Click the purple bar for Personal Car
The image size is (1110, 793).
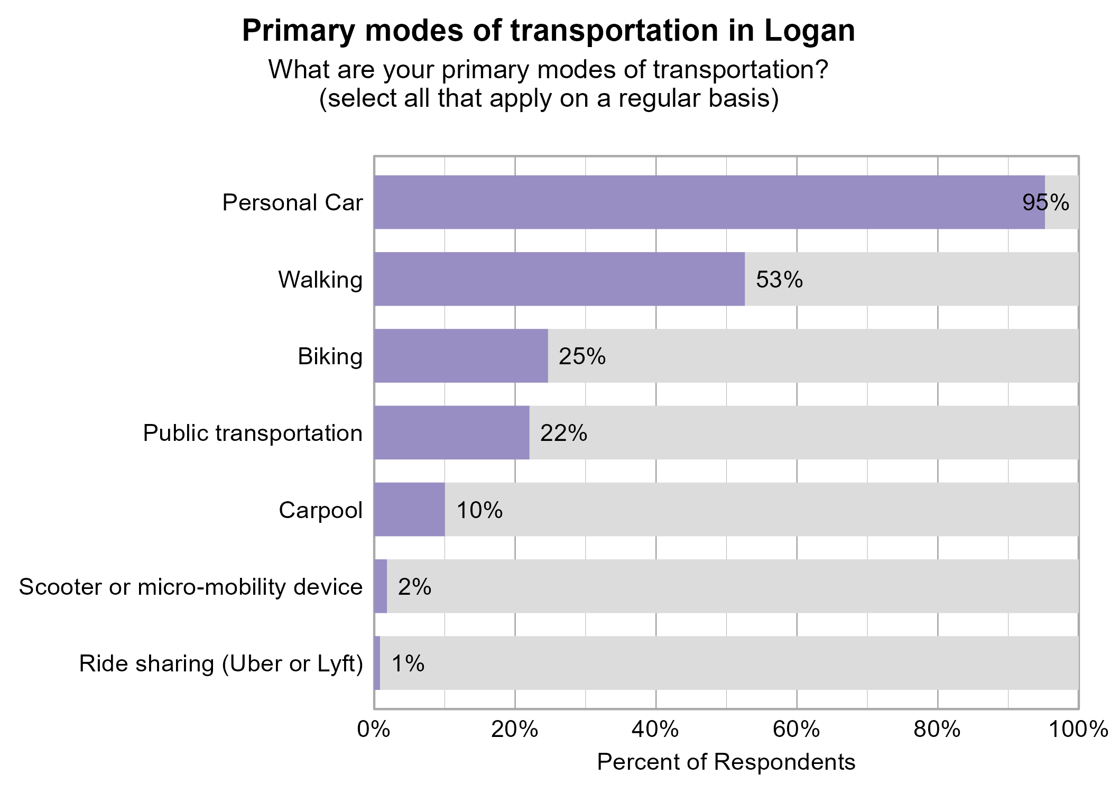[x=708, y=202]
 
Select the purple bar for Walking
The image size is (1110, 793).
[x=559, y=279]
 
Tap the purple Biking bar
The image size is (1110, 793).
[x=461, y=356]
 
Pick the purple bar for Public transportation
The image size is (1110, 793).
[x=451, y=432]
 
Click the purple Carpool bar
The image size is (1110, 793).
[x=409, y=510]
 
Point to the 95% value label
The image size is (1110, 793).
[x=1046, y=202]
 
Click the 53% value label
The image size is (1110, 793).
[x=779, y=279]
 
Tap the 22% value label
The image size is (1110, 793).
[x=563, y=433]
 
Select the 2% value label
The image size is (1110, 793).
[x=414, y=587]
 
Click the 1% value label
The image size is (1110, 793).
[x=408, y=663]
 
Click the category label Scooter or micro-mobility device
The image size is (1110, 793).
[x=190, y=587]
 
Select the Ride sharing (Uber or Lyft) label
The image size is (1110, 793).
[x=221, y=663]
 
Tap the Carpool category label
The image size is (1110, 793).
[x=320, y=510]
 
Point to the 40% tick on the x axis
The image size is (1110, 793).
[x=655, y=730]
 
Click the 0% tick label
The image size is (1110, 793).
[x=373, y=730]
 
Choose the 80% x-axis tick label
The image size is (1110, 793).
[x=937, y=730]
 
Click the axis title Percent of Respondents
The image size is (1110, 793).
[x=726, y=762]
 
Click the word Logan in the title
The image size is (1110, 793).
[x=809, y=31]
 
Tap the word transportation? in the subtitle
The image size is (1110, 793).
[x=740, y=70]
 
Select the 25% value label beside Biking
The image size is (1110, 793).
[x=582, y=356]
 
